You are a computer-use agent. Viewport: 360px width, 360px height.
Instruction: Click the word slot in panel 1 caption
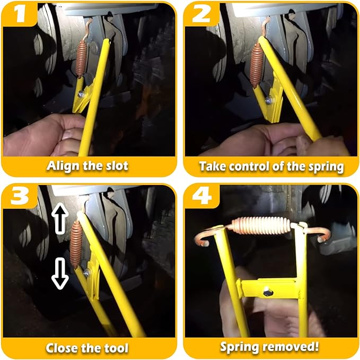[x=115, y=165]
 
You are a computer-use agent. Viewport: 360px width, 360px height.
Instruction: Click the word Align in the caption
[x=63, y=165]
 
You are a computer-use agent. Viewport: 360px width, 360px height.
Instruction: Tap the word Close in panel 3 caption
[x=61, y=348]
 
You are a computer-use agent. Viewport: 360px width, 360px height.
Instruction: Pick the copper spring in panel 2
[x=257, y=63]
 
